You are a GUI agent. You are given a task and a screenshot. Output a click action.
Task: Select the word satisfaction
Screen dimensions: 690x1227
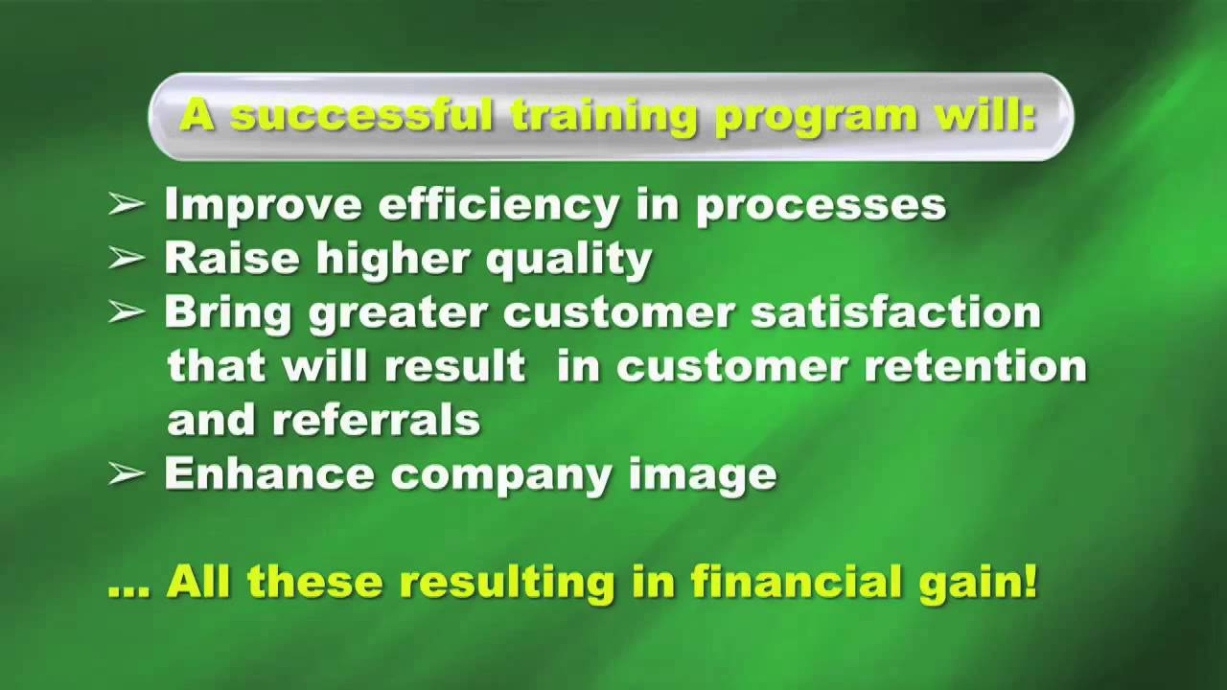coord(895,313)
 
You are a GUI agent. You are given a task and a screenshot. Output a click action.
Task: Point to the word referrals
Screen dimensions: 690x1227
coord(376,420)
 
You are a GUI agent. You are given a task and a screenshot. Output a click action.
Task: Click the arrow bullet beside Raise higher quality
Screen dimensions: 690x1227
coord(126,259)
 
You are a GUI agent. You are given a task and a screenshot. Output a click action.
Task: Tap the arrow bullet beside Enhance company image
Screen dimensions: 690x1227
coord(126,474)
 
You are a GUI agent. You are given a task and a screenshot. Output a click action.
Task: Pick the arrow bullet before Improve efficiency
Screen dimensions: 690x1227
coord(126,205)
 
